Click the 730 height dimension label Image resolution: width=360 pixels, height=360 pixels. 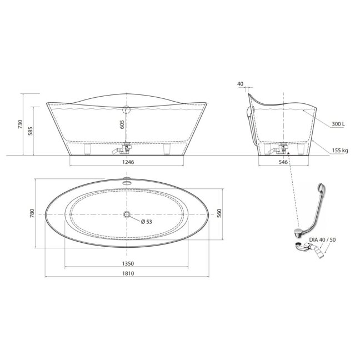pos(21,124)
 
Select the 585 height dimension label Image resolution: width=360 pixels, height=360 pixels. pos(31,131)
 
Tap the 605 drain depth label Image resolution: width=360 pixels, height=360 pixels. pos(122,124)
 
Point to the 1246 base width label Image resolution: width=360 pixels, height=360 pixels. pos(128,162)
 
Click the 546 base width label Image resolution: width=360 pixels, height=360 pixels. pos(283,162)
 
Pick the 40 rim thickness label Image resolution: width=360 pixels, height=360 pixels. pos(240,84)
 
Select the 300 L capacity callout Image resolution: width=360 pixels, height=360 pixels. pos(338,124)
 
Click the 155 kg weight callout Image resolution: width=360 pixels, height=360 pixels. pos(340,151)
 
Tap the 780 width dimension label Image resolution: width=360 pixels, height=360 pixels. pos(32,213)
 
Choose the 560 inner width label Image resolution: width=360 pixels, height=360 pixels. pos(219,213)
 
